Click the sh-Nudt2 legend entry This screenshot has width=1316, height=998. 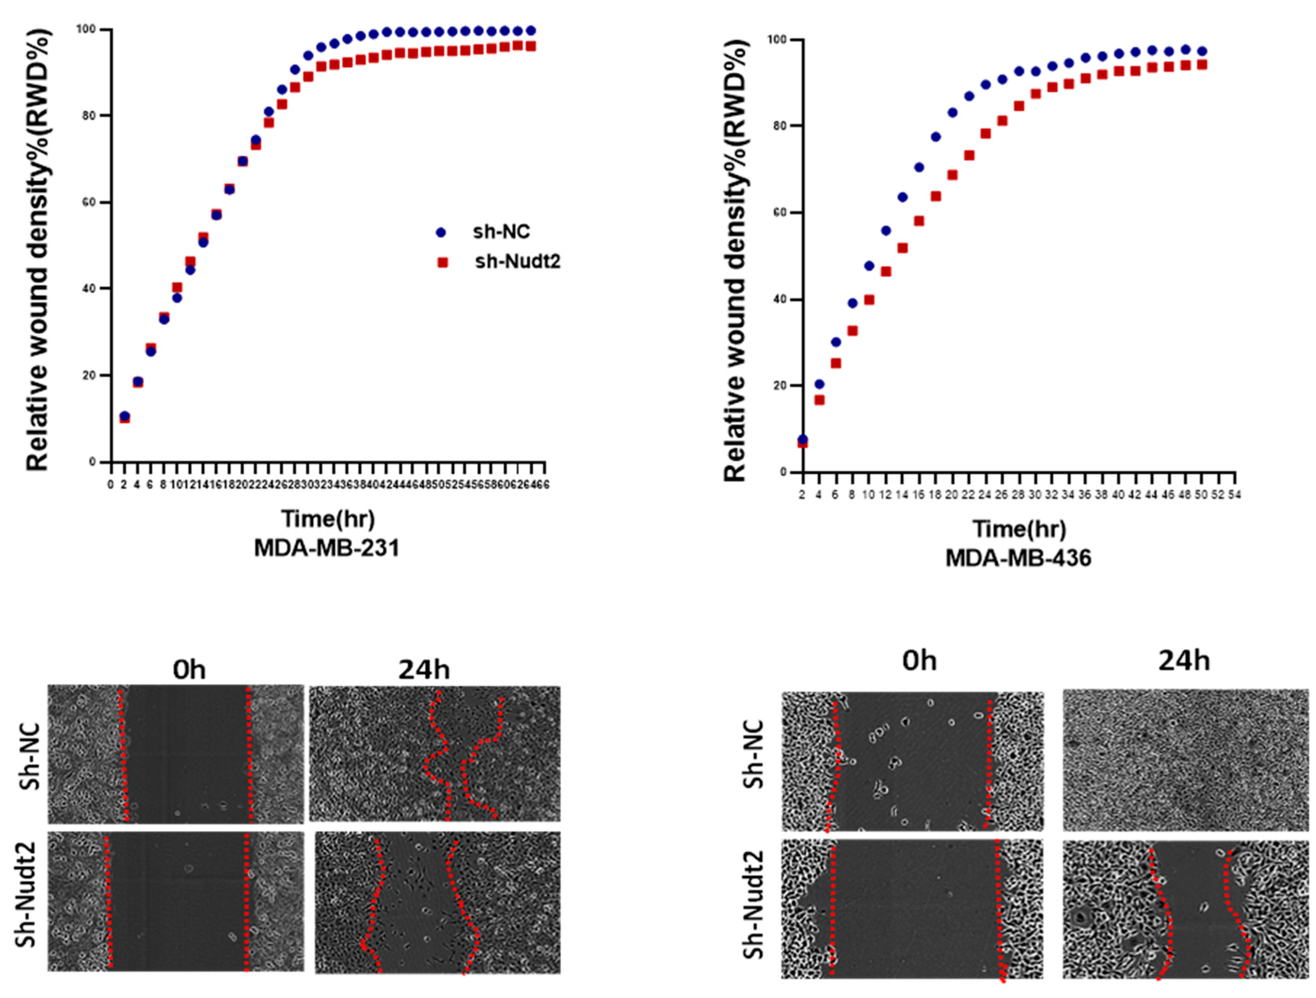[516, 261]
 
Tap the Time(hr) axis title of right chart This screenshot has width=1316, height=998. [1019, 529]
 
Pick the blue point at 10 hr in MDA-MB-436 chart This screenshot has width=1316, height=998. [869, 266]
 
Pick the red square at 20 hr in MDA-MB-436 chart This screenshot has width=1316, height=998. [952, 175]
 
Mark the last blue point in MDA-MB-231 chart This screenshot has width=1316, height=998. [531, 30]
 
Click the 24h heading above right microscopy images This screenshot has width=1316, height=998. [1183, 661]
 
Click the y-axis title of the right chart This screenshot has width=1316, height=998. [736, 256]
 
